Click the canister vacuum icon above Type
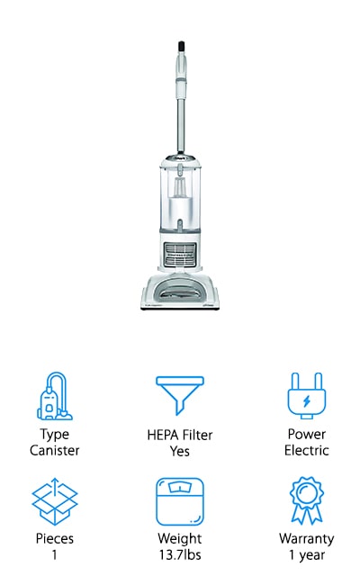point(55,396)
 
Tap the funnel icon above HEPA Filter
point(180,395)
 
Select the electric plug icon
point(306,396)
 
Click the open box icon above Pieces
point(55,501)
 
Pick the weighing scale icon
point(180,501)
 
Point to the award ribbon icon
point(306,500)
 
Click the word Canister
point(55,450)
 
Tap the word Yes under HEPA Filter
point(180,451)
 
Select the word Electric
point(306,450)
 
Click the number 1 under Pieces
point(54,554)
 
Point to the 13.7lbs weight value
point(180,554)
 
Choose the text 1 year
point(306,555)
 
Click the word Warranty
point(306,539)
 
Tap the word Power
point(306,434)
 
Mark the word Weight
point(180,539)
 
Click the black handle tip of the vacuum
point(181,46)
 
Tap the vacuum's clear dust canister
point(180,196)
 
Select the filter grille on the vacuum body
point(180,254)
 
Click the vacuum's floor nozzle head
point(180,292)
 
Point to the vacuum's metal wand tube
point(181,125)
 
